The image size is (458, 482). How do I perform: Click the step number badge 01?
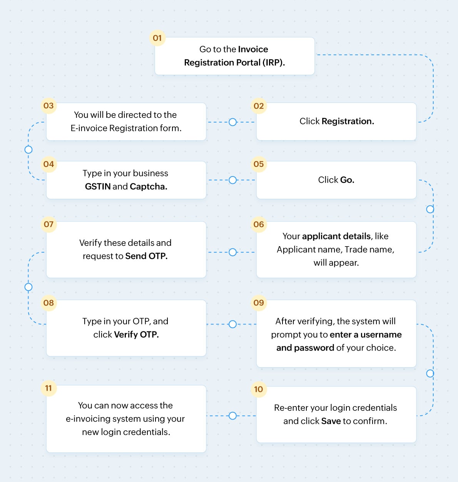[x=157, y=38]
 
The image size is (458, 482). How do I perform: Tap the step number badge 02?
[x=259, y=106]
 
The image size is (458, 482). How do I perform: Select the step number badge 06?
[x=259, y=224]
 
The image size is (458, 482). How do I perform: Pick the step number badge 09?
[x=259, y=303]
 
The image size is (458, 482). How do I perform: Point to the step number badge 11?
[x=48, y=388]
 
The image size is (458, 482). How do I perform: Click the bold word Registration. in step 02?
[x=348, y=121]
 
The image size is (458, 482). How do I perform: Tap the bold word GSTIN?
[x=98, y=186]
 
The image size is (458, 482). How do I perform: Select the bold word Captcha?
[x=149, y=186]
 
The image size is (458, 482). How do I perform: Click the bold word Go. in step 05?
[x=347, y=180]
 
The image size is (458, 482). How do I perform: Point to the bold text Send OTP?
[x=146, y=256]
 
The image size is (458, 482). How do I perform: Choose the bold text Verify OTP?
[x=136, y=334]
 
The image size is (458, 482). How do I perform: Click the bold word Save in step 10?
[x=331, y=421]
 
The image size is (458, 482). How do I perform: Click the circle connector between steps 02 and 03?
[x=232, y=122]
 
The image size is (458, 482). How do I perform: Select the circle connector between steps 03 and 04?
[x=28, y=149]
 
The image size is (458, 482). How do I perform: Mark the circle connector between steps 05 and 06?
[x=430, y=209]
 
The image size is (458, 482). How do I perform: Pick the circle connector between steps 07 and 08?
[x=28, y=287]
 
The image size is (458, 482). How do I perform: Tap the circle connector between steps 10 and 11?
[x=232, y=416]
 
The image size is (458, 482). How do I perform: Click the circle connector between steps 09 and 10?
[x=430, y=373]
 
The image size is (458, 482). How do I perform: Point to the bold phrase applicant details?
[x=336, y=236]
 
